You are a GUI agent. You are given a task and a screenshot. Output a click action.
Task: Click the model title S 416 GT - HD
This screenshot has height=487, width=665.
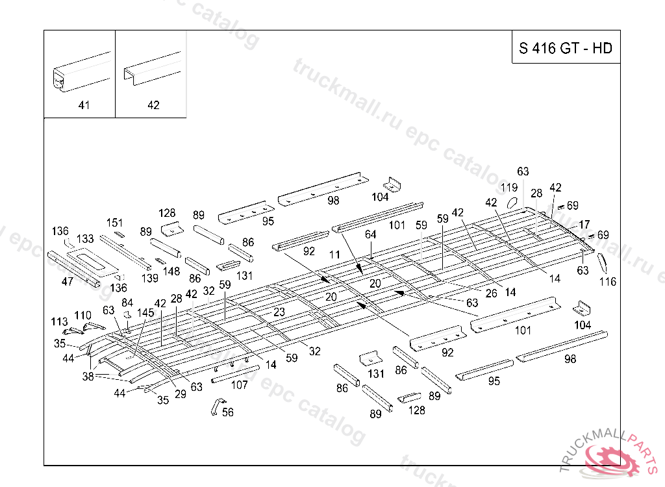pos(565,49)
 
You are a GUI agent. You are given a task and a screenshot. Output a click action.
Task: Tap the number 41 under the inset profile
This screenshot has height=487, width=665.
pos(84,105)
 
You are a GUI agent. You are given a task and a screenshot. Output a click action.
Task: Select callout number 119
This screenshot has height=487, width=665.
pos(509,188)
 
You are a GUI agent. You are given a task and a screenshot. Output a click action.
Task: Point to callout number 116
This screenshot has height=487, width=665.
pos(608,282)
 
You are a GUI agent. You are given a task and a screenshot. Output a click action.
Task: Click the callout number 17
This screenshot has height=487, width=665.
pos(584,225)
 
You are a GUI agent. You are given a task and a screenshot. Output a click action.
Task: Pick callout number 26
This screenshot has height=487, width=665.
pos(492,293)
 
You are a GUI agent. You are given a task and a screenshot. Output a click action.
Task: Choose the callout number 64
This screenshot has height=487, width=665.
pos(370,234)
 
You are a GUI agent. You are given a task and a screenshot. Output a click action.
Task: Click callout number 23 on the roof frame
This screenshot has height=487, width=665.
pos(279,312)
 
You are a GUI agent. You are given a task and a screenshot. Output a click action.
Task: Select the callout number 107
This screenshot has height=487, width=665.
pos(240,384)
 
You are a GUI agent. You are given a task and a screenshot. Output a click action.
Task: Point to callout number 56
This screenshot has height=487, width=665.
pos(227,412)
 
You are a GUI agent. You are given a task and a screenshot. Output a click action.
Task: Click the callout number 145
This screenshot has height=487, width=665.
pos(145,313)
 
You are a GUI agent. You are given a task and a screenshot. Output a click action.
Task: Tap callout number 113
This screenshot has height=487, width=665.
pos(59,321)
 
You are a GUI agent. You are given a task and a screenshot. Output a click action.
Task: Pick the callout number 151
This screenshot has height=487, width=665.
pos(114,223)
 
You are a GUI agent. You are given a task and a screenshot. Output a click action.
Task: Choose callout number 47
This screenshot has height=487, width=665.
pos(67,281)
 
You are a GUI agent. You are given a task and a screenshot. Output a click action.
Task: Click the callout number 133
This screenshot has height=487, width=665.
pos(86,239)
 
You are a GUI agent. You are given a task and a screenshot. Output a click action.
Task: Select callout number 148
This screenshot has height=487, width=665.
pos(171,271)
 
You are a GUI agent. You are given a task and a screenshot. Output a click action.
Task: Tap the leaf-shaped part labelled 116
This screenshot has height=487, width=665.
pos(601,263)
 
